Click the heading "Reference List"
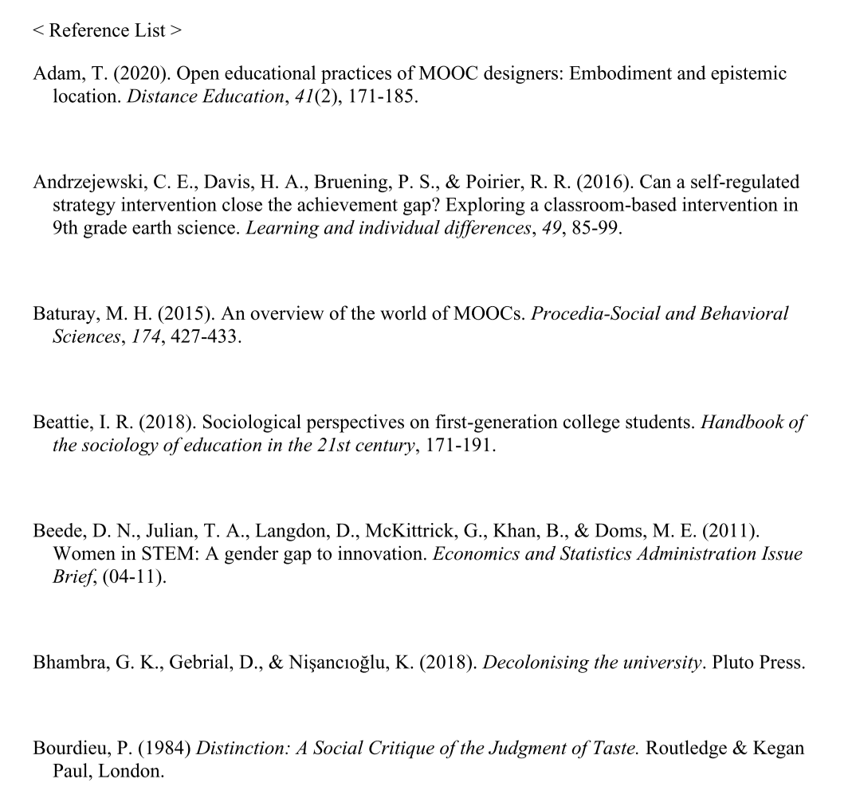108,31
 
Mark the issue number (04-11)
138,576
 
